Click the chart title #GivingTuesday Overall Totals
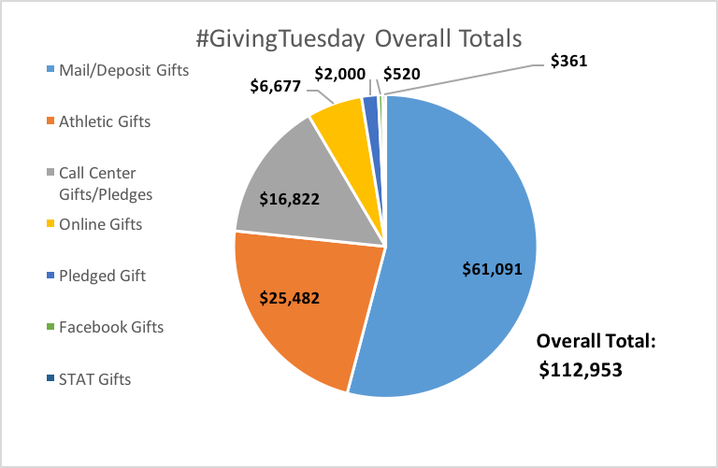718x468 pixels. [x=358, y=40]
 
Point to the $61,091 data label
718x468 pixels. [x=491, y=268]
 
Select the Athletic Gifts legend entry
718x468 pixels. [x=104, y=121]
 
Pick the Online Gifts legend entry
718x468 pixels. [x=100, y=224]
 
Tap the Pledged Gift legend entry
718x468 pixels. [x=101, y=276]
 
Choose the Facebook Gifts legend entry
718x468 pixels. [x=110, y=327]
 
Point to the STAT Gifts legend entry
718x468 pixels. [x=94, y=379]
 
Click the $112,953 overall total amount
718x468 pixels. [x=581, y=370]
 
